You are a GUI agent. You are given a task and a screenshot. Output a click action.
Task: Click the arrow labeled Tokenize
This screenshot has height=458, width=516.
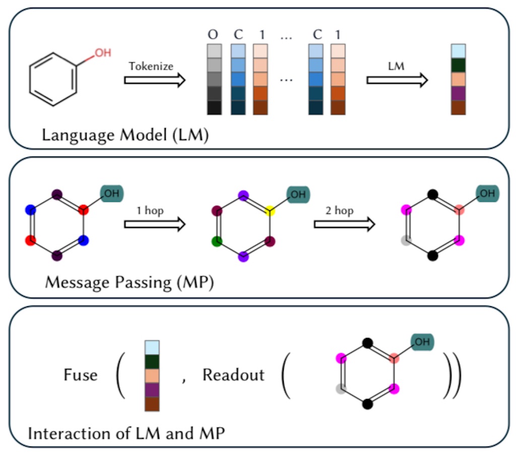155,80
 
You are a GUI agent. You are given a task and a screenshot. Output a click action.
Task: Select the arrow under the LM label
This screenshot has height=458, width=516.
397,80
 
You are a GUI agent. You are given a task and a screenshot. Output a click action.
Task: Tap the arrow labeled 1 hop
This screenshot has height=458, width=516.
155,224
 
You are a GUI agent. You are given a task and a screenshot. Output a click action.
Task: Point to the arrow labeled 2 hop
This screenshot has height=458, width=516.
345,224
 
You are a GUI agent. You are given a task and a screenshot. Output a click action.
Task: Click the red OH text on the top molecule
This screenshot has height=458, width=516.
103,53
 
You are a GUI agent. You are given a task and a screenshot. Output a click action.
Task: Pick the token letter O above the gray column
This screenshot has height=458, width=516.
213,34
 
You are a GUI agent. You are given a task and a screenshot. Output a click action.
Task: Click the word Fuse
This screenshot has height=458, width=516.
81,375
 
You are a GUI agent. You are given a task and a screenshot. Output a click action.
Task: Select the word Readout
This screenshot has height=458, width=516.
233,375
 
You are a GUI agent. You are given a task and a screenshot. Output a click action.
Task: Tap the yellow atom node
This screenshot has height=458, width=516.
270,210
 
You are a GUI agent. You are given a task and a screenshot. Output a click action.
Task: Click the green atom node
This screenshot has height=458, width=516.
217,242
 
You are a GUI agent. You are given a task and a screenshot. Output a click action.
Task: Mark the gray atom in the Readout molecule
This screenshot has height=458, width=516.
341,389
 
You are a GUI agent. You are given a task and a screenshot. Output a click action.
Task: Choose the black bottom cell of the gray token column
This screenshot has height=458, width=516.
214,108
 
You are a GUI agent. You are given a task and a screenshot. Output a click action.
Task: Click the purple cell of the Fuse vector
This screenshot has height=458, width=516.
152,390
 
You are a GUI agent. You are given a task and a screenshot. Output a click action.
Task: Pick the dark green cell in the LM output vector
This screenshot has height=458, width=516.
459,65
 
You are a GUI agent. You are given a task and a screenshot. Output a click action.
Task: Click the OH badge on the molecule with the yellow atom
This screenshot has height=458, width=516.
298,194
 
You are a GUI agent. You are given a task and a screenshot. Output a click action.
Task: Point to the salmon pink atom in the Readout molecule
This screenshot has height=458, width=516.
394,358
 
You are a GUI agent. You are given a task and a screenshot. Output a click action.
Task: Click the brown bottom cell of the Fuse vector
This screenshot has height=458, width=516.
152,404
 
